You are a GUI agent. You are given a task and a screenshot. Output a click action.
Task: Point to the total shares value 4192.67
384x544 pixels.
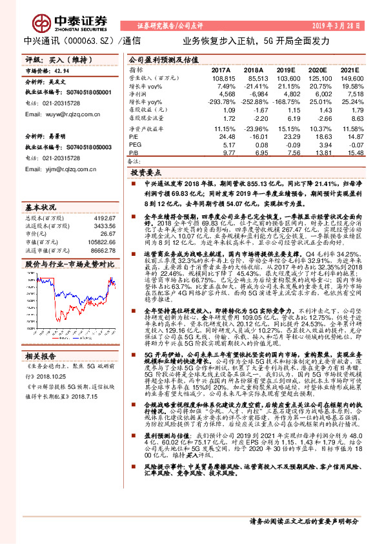103,218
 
